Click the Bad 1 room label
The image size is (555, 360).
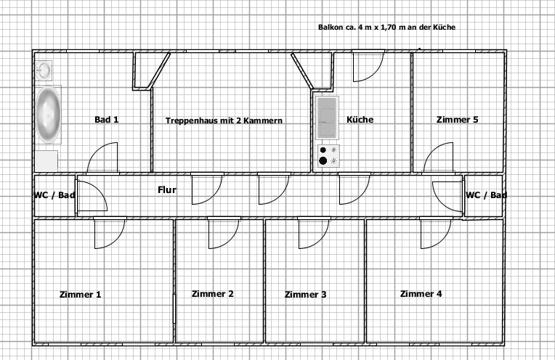[x=107, y=120]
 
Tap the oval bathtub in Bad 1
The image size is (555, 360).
[x=48, y=115]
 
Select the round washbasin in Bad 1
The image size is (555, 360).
[x=44, y=70]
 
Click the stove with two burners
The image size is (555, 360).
[x=328, y=155]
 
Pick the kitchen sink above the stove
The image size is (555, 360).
[x=327, y=118]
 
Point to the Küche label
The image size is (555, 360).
[x=360, y=120]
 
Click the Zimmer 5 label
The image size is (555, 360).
[x=458, y=120]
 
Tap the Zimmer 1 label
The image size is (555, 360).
[x=81, y=294]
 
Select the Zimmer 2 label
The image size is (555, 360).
[x=212, y=293]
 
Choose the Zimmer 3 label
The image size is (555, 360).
[x=305, y=294]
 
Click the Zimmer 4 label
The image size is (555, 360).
[x=421, y=293]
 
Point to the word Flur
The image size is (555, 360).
[x=167, y=190]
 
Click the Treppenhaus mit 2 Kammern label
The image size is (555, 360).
[x=224, y=120]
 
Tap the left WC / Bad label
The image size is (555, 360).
[x=54, y=195]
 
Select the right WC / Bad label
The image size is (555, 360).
[x=486, y=195]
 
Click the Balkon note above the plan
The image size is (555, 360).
[x=387, y=28]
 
